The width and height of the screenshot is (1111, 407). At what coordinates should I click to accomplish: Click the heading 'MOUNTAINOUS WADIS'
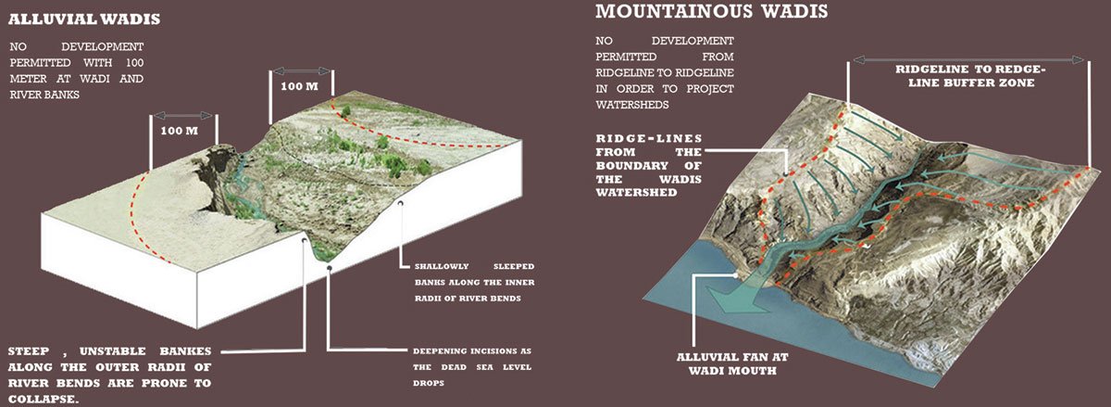711,12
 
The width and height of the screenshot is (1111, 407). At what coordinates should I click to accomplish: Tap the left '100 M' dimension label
180,131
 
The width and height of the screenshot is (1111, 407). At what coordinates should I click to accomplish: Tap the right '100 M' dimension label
298,86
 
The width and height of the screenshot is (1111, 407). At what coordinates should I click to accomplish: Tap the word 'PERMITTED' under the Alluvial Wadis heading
40,62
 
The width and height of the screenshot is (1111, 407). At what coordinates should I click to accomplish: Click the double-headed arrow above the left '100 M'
183,115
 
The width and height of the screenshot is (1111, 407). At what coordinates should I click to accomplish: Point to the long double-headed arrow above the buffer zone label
968,57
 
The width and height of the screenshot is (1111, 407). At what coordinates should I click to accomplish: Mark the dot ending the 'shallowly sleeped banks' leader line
401,204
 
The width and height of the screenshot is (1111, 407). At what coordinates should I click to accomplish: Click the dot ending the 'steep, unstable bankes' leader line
306,237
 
